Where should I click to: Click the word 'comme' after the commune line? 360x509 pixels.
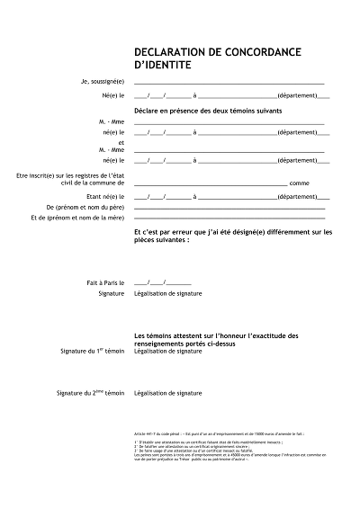(x=300, y=183)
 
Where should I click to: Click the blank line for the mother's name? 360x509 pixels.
(x=229, y=219)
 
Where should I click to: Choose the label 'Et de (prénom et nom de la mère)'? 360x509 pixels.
(x=76, y=218)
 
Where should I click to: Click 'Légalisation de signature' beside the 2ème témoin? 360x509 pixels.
(x=167, y=393)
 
